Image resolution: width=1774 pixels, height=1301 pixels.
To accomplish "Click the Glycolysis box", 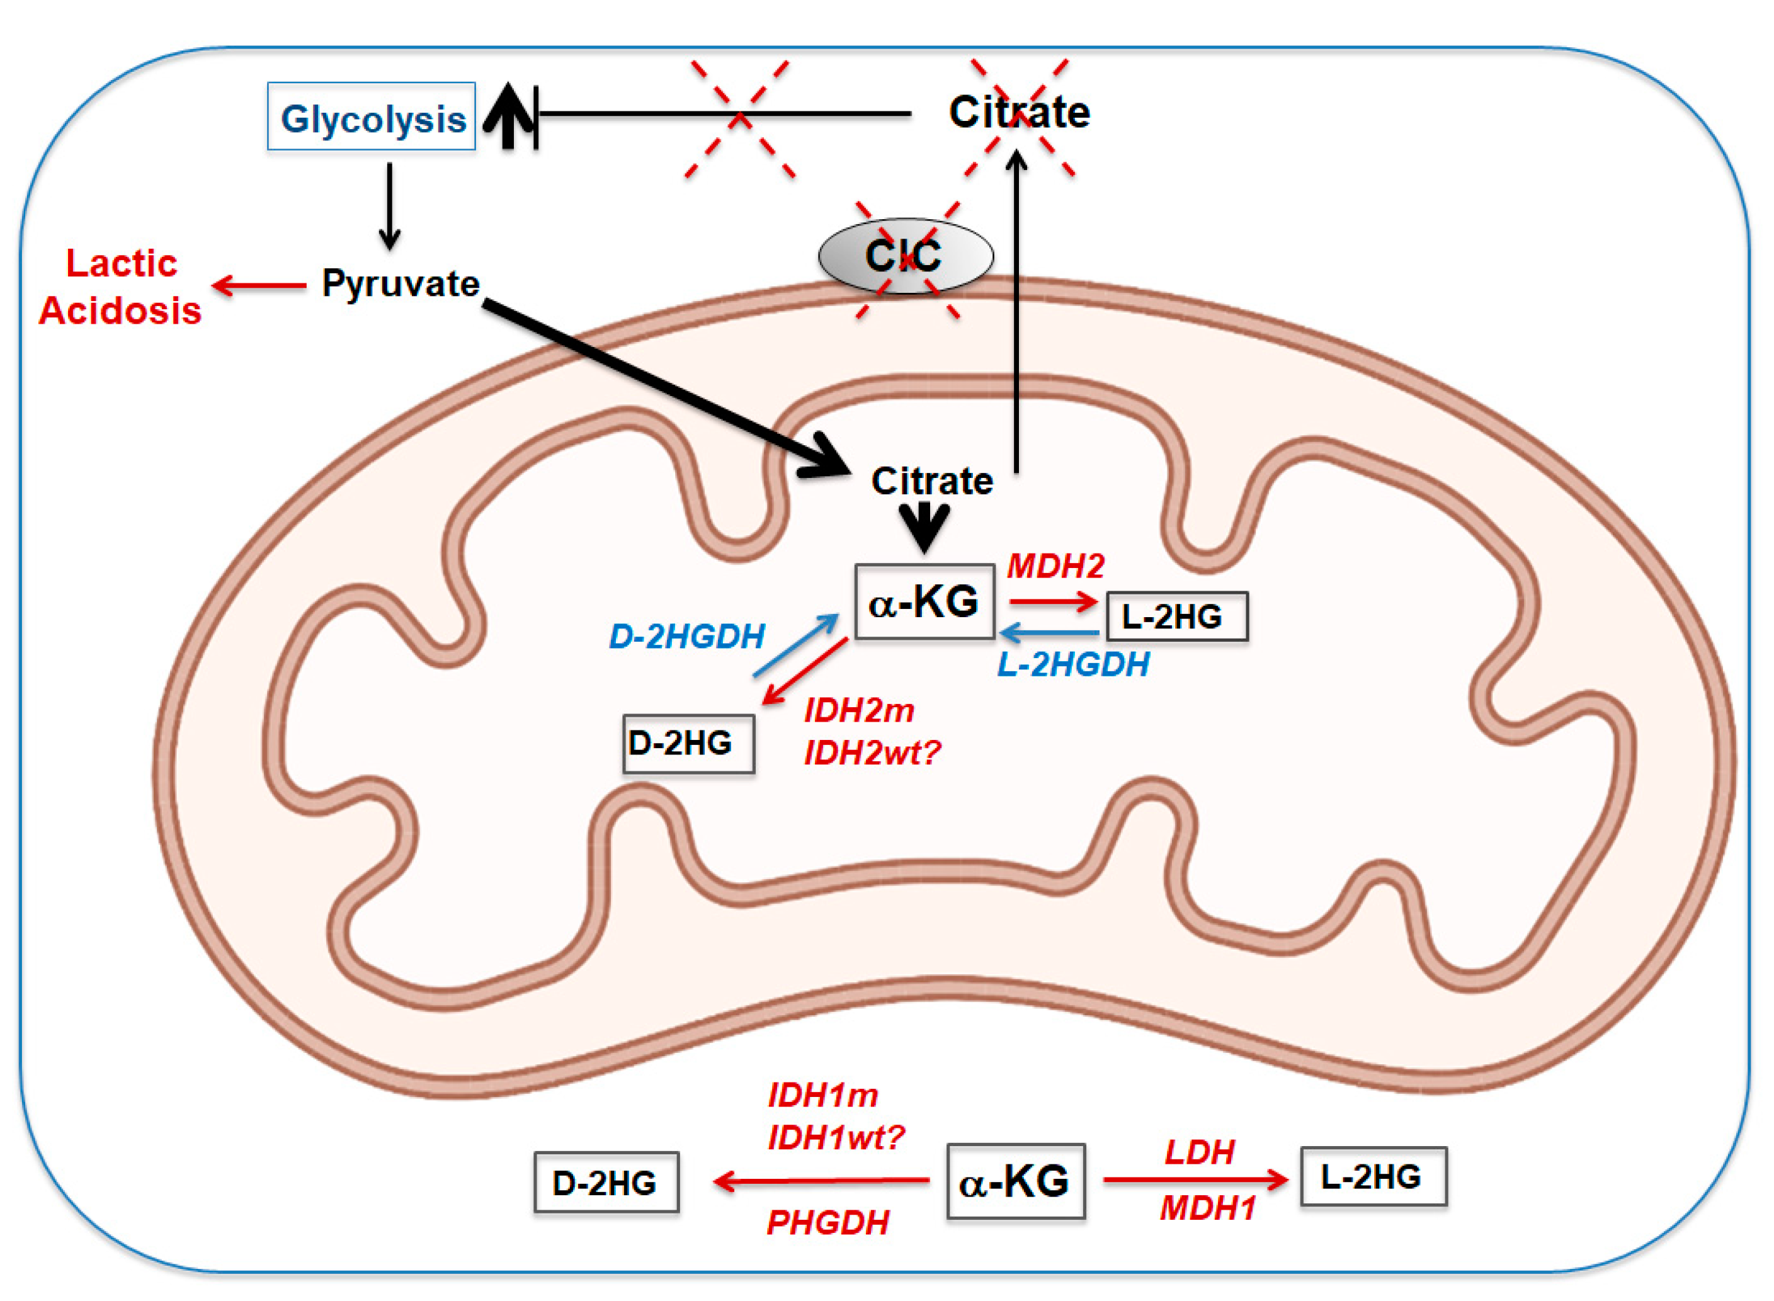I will pos(371,116).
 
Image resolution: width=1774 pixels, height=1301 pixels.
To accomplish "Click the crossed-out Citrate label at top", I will pos(1019,112).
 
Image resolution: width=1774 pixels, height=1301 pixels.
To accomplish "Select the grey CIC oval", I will pos(906,256).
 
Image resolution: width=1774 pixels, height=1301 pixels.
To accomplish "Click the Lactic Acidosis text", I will pos(120,287).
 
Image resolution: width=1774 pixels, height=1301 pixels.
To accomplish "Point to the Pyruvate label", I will pos(401,283).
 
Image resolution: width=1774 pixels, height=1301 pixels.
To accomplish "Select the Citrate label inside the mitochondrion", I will pos(931,481).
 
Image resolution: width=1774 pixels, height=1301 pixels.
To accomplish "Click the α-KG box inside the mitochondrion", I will pos(924,601).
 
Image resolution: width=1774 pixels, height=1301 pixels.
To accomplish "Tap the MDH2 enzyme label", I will pos(1055,566).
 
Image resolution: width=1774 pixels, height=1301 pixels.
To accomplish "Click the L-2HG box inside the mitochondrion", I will pos(1176,616).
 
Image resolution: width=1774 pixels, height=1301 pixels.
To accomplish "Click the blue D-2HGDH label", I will pos(686,636).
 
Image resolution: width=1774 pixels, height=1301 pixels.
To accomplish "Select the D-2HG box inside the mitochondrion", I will pos(688,744).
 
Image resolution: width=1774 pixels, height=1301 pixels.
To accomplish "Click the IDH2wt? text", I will pos(872,754).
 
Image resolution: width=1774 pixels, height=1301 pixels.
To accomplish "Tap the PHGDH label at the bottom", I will pos(827,1223).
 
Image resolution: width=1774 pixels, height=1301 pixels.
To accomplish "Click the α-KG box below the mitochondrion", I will pos(1015,1181).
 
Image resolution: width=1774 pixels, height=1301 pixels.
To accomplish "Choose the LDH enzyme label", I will pos(1199,1153).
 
